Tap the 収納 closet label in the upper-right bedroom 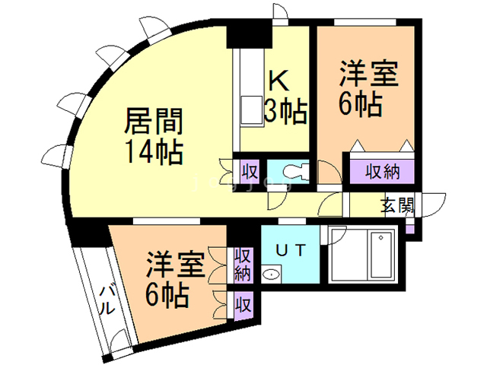[x=381, y=171]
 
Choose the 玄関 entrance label [x=396, y=205]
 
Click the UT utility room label [x=292, y=248]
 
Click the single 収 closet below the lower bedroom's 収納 [x=243, y=306]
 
